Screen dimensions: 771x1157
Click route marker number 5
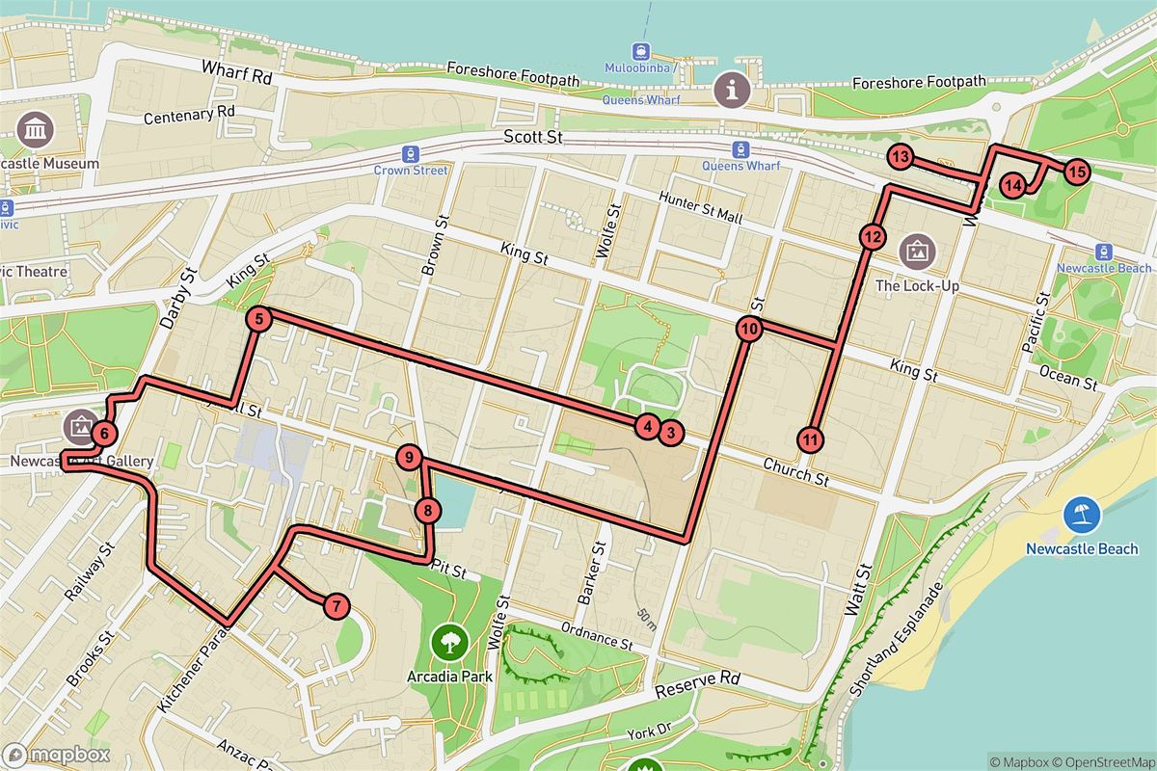(257, 318)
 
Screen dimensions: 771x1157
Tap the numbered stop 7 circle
(335, 606)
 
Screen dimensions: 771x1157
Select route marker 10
(749, 329)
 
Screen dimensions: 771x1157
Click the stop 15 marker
(1076, 173)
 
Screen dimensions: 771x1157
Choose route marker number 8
(428, 511)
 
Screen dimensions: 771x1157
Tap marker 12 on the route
(872, 236)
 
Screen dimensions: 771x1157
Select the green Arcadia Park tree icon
(449, 639)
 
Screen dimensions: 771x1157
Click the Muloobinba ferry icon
(640, 52)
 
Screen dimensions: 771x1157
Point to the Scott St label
(533, 138)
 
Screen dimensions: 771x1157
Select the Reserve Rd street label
(697, 685)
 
